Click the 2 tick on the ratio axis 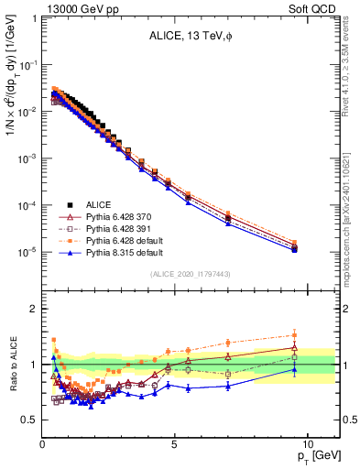tap(35, 309)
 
